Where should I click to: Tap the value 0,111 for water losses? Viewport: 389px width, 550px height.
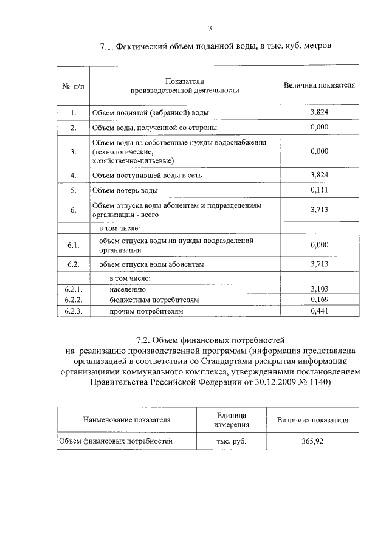319,191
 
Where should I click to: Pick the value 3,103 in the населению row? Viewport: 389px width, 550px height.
319,289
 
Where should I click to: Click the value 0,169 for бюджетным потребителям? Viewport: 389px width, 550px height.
319,300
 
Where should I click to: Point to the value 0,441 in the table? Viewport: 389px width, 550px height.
319,311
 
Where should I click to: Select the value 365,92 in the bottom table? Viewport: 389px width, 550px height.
312,441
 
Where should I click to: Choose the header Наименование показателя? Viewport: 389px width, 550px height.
127,419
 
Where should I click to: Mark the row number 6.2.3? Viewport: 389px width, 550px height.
73,311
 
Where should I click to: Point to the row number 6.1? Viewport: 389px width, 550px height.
73,245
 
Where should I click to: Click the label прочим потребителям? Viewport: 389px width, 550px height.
146,311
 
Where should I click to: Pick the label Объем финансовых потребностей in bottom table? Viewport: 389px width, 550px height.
116,441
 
